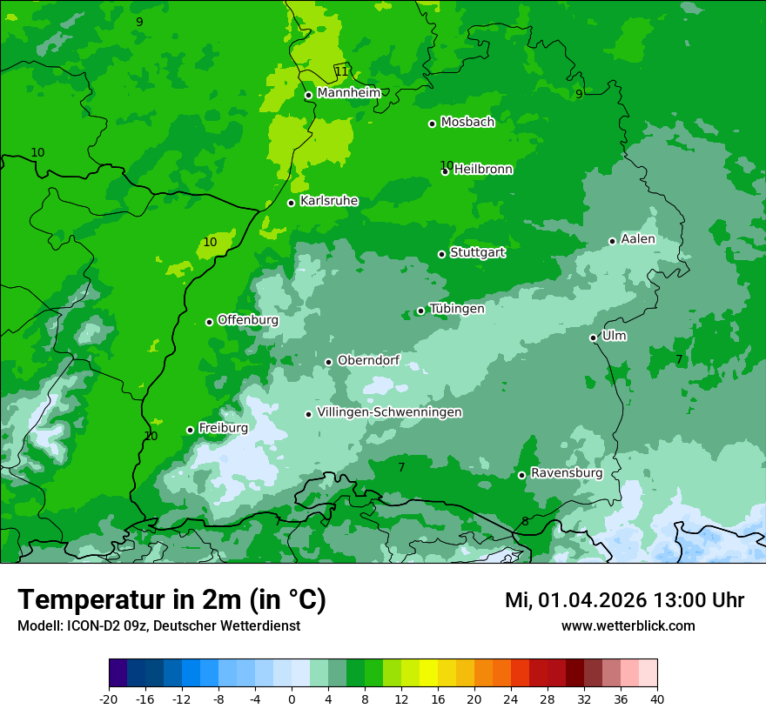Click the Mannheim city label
348,93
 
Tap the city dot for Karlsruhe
292,203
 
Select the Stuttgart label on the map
477,252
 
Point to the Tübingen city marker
420,311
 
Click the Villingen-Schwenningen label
389,412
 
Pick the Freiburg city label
223,428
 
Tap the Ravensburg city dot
522,475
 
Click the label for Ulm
614,336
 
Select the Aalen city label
637,239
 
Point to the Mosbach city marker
432,124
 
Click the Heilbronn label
483,170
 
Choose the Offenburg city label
247,320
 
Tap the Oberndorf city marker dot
328,362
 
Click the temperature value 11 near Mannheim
341,71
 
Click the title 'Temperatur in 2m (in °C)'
171,600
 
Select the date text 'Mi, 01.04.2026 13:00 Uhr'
624,600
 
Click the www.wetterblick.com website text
628,626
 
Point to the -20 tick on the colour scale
109,699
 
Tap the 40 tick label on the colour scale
657,699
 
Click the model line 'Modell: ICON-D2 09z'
158,626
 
